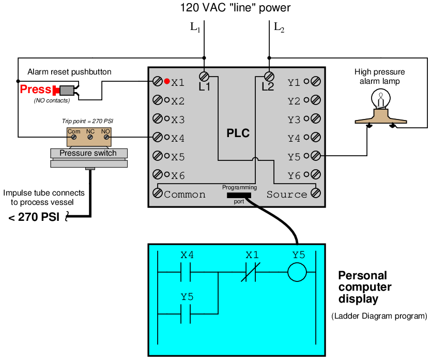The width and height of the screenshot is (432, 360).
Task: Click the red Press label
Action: click(35, 89)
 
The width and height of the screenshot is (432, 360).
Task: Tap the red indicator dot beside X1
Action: click(167, 81)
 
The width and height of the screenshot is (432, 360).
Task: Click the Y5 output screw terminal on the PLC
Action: click(315, 156)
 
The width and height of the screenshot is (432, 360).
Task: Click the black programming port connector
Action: click(239, 195)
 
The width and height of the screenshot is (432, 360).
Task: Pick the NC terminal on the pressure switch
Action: click(89, 138)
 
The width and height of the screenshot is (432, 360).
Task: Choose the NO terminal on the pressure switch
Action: click(105, 138)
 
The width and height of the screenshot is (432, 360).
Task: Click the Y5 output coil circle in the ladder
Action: click(297, 273)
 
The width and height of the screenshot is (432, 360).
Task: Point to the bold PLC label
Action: click(238, 133)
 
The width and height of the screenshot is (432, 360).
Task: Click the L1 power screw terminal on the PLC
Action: click(205, 76)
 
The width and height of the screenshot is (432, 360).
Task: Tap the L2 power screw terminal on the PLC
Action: click(268, 76)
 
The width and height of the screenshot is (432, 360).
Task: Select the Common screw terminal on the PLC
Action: click(157, 193)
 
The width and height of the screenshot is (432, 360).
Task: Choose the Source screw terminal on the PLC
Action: click(315, 193)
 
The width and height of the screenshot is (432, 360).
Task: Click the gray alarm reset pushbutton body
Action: click(66, 89)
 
